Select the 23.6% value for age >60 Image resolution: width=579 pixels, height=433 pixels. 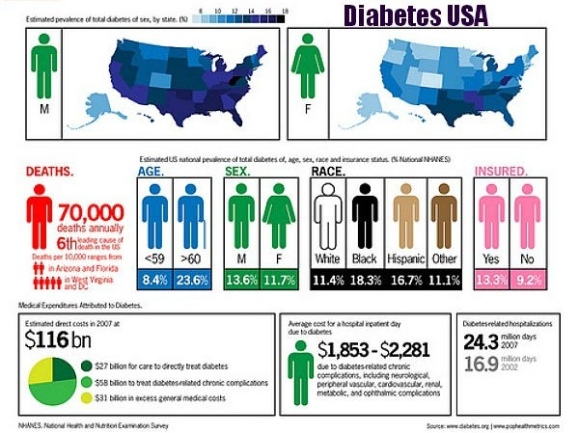192,281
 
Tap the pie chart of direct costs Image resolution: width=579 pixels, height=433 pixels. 58,382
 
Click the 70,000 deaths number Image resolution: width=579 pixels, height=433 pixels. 91,212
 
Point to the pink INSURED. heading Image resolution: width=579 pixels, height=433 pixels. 501,172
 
